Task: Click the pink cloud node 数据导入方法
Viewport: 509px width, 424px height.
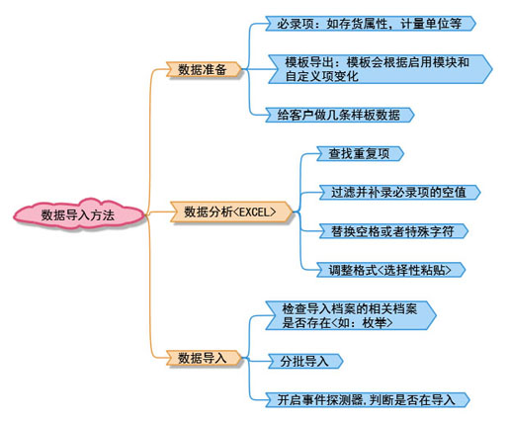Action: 79,214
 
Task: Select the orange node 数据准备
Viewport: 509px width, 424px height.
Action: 204,69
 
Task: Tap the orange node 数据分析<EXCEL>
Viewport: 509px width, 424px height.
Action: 231,212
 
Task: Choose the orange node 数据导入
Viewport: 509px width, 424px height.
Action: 204,358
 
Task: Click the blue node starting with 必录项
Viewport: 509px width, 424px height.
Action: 371,24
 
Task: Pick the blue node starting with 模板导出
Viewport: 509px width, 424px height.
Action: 380,69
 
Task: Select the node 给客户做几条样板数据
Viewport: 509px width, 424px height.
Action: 340,115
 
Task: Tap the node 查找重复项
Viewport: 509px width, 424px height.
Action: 360,154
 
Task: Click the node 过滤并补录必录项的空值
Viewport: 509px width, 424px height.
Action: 399,193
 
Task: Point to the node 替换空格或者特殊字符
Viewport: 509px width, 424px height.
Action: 393,231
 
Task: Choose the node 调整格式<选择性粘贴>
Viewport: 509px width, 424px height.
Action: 390,270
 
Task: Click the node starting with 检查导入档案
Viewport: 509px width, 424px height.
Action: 351,315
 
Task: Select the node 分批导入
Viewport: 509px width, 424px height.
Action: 305,361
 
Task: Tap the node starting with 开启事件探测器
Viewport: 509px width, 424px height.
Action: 368,400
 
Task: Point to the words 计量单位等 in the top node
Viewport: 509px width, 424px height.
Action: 431,24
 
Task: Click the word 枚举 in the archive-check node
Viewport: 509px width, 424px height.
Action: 374,323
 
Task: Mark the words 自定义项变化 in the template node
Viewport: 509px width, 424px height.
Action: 321,76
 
